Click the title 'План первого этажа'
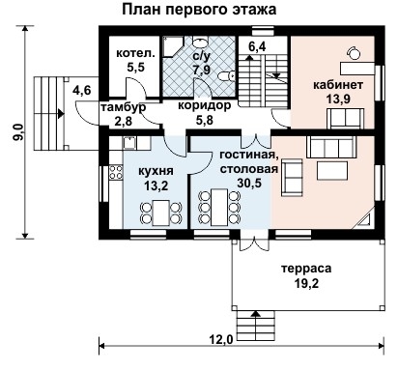pyautogui.click(x=199, y=10)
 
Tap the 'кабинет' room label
pyautogui.click(x=339, y=84)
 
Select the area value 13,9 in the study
pyautogui.click(x=339, y=100)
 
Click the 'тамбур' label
pyautogui.click(x=124, y=107)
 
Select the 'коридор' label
pyautogui.click(x=204, y=107)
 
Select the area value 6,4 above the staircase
pyautogui.click(x=258, y=44)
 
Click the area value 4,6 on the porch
pyautogui.click(x=82, y=91)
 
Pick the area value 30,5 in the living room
pyautogui.click(x=248, y=184)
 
